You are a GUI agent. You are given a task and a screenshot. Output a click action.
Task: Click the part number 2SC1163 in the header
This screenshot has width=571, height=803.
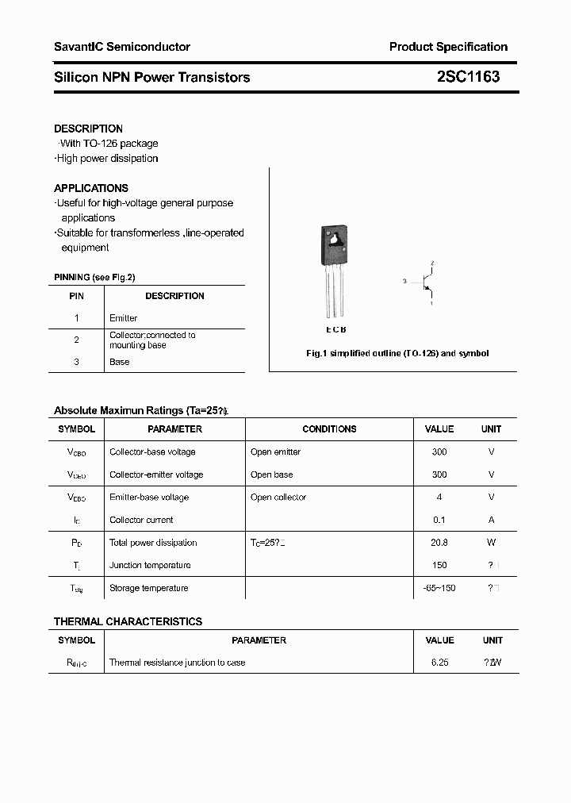click(x=468, y=77)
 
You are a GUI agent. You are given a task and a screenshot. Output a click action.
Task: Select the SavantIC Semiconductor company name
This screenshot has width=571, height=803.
click(x=122, y=47)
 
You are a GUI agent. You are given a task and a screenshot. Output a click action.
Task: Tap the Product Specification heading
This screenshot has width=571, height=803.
click(x=448, y=47)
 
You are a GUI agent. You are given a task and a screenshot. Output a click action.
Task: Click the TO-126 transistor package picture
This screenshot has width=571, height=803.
click(x=335, y=270)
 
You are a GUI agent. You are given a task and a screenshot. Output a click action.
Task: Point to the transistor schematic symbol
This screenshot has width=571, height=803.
click(x=426, y=282)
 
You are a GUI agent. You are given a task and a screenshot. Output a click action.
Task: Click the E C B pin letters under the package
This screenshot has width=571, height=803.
click(x=335, y=329)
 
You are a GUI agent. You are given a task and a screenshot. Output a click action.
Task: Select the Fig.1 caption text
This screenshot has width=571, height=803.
click(x=397, y=353)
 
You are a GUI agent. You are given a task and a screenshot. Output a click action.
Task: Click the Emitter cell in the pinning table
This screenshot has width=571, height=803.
click(x=124, y=318)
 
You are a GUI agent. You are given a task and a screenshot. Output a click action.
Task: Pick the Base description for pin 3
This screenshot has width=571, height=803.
click(x=120, y=362)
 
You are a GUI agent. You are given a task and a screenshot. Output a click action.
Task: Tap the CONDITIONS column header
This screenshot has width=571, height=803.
click(x=329, y=429)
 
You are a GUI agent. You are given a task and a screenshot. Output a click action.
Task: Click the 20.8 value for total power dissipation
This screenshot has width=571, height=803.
click(x=439, y=543)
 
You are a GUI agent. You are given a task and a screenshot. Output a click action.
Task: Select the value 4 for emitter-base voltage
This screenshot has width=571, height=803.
click(x=439, y=498)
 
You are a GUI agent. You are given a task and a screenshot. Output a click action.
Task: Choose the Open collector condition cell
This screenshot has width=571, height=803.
click(x=278, y=498)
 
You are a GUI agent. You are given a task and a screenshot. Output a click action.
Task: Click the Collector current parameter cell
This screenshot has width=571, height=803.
click(x=141, y=520)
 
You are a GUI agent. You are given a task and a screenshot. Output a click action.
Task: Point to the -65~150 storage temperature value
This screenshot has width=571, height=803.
click(x=439, y=588)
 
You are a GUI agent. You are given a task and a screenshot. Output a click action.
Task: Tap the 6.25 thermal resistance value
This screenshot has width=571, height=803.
click(x=439, y=662)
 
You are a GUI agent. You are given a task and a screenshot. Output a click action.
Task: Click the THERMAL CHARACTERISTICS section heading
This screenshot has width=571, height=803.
click(x=128, y=621)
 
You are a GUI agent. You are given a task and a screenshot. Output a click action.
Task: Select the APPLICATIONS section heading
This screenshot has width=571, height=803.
click(x=91, y=188)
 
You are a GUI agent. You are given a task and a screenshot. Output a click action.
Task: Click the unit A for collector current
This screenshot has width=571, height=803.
click(x=492, y=520)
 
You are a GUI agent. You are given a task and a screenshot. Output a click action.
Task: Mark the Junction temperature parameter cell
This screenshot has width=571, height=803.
click(x=150, y=565)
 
